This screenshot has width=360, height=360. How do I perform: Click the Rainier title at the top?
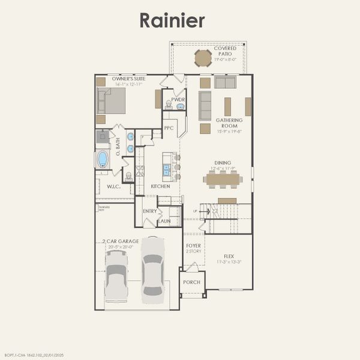[x=172, y=20]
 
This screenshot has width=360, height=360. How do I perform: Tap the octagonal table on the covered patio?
[x=203, y=58]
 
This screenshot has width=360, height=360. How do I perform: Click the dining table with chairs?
[x=223, y=178]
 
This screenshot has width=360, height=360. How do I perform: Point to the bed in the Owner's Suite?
[x=112, y=100]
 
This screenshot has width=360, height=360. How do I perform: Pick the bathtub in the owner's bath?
[x=103, y=159]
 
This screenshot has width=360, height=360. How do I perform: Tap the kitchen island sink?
[x=167, y=169]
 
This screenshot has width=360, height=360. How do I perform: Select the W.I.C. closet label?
[x=114, y=187]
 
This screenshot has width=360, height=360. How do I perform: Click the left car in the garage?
[x=116, y=275]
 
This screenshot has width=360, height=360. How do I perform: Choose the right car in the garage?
[x=152, y=269]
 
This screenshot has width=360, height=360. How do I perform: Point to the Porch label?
[x=191, y=282]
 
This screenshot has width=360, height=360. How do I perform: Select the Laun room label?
[x=164, y=221]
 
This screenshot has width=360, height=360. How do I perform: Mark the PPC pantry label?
[x=169, y=128]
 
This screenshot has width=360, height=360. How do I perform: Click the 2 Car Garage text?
[x=120, y=241]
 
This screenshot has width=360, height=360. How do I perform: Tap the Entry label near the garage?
[x=149, y=211]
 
